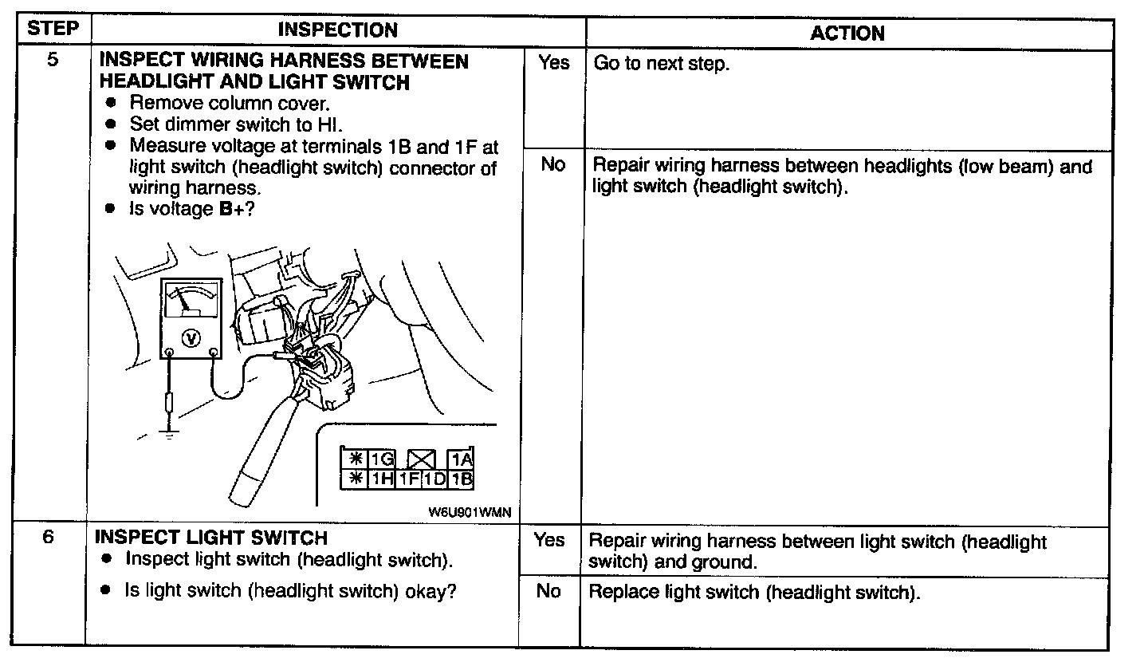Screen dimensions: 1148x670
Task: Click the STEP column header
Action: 53,28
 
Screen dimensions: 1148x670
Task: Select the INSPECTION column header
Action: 338,30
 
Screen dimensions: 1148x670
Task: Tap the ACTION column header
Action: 847,33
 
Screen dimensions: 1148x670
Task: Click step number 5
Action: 53,60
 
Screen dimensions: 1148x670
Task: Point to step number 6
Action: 48,537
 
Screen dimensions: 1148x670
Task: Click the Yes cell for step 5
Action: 553,62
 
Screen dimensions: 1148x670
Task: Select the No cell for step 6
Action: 548,591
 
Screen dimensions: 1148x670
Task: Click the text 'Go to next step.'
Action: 661,64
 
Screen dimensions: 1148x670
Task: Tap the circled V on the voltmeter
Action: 191,338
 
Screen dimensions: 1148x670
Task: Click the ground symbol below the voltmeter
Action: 169,436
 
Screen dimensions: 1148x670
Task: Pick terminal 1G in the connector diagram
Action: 382,459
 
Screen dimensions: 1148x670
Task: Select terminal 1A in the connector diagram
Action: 461,459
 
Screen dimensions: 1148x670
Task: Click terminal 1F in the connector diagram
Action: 409,479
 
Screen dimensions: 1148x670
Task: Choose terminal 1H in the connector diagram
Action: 382,479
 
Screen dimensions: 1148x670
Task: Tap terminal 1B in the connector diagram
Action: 461,479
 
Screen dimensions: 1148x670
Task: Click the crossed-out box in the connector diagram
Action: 421,459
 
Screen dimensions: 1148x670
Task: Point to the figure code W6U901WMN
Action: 470,512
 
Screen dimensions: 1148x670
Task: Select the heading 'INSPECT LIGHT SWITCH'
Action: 211,538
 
